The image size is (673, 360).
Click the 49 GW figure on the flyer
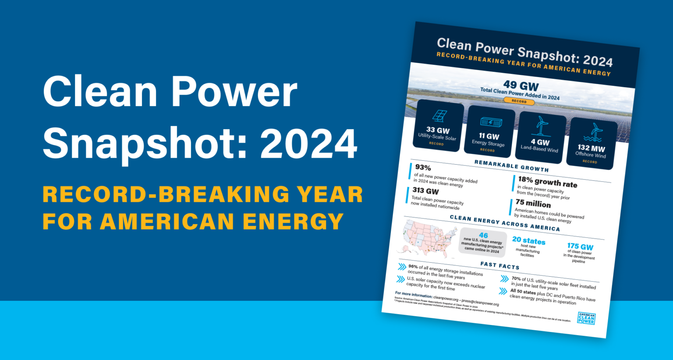pos(521,85)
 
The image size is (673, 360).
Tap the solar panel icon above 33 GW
pos(439,116)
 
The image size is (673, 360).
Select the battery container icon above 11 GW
pos(491,122)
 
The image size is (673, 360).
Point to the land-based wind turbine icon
pos(542,126)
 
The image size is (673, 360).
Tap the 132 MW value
pos(591,148)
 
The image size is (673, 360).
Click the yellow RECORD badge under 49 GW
pos(519,102)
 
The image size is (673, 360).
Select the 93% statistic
pos(423,167)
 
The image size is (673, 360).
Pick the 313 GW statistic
pos(425,191)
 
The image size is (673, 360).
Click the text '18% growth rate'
pos(547,182)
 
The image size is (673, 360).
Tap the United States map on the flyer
pos(425,239)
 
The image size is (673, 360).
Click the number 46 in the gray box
pos(483,235)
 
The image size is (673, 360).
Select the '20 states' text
pos(529,240)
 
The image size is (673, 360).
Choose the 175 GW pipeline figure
pos(580,247)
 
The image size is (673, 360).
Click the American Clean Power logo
pos(586,318)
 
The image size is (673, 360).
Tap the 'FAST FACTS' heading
pos(499,265)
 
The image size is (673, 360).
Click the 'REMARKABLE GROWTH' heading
pos(511,166)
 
